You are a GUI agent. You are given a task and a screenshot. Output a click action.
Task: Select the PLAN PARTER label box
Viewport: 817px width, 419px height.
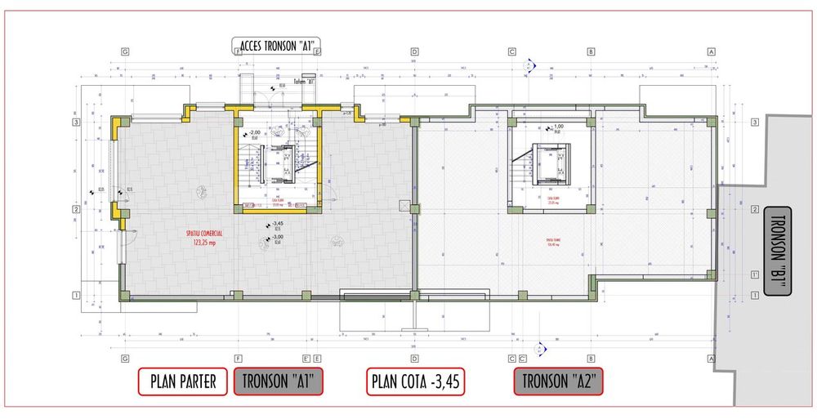tap(182, 381)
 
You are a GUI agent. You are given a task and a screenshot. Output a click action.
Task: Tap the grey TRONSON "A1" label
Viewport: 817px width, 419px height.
tap(279, 381)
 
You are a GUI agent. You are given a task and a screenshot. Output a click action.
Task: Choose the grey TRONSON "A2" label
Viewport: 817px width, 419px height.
tap(559, 381)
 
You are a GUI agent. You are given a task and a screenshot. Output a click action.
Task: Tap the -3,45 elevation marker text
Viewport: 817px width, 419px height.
tap(277, 224)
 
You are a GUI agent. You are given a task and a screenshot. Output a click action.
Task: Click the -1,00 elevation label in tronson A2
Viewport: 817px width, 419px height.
tap(559, 127)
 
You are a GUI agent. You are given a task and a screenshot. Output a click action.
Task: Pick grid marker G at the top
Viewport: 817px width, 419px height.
tap(125, 51)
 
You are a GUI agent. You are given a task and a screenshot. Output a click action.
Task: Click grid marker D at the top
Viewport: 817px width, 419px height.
tap(414, 51)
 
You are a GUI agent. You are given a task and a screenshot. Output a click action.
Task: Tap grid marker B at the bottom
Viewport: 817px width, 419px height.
tap(591, 359)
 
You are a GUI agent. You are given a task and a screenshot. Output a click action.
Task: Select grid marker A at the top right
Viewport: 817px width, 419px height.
tap(712, 51)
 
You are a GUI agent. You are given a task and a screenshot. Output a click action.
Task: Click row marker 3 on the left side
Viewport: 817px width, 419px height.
tap(76, 123)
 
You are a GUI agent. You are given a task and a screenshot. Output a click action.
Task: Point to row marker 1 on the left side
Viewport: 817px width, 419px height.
tap(76, 296)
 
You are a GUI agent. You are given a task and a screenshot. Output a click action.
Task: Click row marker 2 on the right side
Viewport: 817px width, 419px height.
tap(754, 210)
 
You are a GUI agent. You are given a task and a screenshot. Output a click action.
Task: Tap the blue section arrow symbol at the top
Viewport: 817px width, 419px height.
tap(532, 63)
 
